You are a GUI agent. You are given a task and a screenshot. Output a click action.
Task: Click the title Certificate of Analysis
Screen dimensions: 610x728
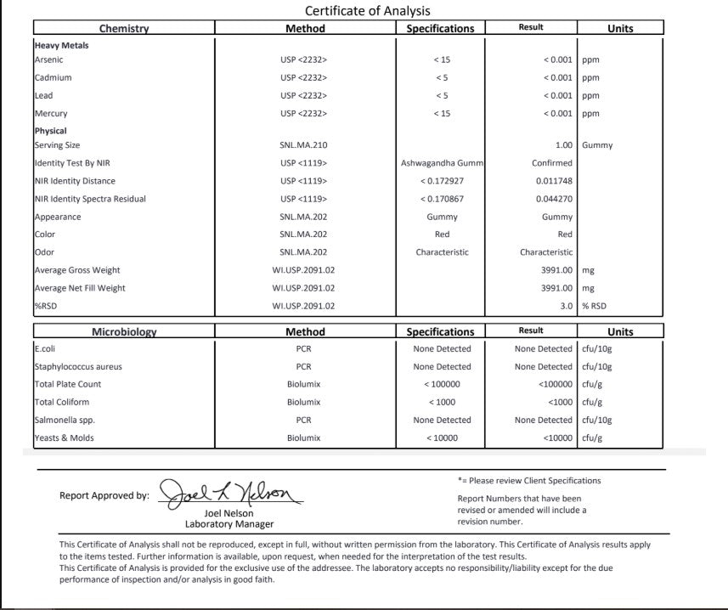367,11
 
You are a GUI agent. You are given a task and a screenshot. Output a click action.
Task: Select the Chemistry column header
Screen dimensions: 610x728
124,28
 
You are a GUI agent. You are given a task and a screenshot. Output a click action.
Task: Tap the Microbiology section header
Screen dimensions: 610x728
124,332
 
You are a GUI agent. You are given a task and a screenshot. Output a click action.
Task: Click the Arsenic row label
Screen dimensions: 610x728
49,60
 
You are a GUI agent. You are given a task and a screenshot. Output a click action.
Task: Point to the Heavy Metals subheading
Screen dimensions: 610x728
61,45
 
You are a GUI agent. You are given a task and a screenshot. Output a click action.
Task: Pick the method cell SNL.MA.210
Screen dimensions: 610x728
303,145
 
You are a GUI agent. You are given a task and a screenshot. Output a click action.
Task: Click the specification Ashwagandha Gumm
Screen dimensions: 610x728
442,163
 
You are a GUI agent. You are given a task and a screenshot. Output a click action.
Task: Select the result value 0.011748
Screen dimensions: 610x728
554,181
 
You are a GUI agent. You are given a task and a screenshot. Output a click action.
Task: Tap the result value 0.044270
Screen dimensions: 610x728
554,199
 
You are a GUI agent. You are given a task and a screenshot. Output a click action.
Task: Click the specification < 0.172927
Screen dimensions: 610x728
442,181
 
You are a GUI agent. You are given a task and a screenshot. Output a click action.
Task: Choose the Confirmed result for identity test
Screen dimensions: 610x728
552,163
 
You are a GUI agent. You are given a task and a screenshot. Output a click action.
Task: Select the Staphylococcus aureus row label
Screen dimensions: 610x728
78,367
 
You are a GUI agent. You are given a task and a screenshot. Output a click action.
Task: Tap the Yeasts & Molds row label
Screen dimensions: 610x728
65,438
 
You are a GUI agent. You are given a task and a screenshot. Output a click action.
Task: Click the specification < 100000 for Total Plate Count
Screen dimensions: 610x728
442,385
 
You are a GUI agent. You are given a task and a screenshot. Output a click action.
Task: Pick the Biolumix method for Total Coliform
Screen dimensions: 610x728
303,403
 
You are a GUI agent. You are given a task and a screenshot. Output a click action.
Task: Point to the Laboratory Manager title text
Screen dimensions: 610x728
229,524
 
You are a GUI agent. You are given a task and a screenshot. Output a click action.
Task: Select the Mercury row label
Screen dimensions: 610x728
51,114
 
